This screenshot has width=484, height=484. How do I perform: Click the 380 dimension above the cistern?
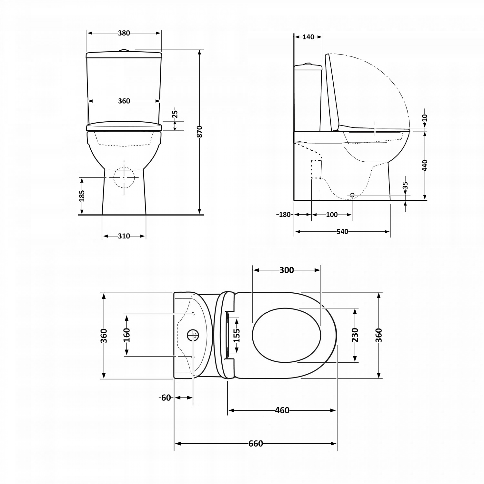point(124,33)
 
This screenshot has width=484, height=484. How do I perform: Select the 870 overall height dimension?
point(200,132)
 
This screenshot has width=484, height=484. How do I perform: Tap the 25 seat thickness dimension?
point(175,114)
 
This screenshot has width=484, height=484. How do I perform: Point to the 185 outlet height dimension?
point(82,196)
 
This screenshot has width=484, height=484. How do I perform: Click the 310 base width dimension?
point(124,236)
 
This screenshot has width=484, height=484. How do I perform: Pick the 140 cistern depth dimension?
point(308,37)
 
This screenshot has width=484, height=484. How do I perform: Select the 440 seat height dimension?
point(425,165)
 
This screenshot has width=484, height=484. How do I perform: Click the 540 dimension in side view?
point(342,232)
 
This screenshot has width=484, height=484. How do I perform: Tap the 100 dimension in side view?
point(332,215)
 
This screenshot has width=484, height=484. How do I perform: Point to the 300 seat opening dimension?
point(287,270)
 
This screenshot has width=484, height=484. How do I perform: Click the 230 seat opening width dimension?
point(355,335)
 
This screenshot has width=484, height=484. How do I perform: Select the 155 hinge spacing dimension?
point(237,336)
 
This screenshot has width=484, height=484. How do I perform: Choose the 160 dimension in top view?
point(126,335)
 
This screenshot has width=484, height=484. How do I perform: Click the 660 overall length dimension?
point(256,444)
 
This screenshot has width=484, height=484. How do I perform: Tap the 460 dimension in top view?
point(282,410)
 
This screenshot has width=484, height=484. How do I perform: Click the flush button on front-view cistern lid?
point(124,50)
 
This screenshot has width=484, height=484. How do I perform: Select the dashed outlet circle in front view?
point(124,177)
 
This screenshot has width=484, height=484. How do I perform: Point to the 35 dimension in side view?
point(406,185)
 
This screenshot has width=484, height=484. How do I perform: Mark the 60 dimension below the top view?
point(166,398)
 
